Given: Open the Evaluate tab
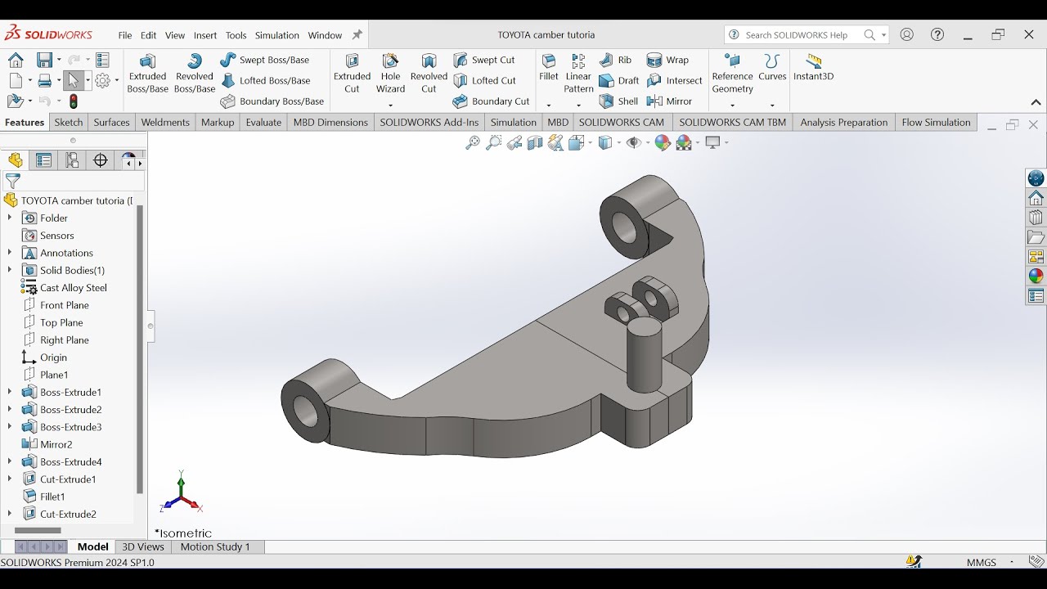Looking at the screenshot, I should [263, 123].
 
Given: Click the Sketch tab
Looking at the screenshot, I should [69, 123].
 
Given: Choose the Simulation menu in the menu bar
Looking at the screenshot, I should [276, 35].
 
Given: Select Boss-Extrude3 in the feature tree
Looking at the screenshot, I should [70, 427].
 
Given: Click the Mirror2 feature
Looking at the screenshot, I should [56, 444].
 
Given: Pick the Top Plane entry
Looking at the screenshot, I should [61, 322].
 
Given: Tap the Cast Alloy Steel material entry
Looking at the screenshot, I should [73, 288].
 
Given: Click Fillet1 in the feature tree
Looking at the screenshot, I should [52, 497].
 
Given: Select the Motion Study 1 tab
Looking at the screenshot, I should [215, 546].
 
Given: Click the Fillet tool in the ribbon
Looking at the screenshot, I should [549, 67].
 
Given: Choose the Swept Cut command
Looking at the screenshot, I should [484, 60].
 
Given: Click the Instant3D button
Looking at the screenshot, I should [813, 67].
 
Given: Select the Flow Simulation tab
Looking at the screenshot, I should [935, 123].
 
